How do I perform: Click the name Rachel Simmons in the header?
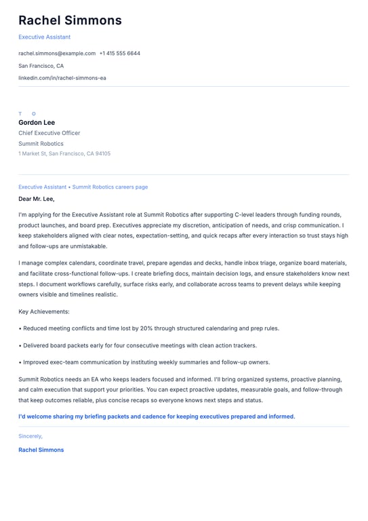70,20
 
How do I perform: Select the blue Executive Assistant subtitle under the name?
44,37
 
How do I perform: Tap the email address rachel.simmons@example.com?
57,53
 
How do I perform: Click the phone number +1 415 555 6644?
120,53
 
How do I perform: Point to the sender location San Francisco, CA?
41,66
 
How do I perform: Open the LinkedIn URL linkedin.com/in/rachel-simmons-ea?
62,78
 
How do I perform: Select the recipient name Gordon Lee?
37,123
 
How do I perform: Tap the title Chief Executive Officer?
49,133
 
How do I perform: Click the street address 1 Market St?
32,153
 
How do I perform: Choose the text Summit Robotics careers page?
110,187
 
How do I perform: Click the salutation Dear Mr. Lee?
37,199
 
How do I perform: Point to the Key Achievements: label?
44,311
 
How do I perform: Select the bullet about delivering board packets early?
137,345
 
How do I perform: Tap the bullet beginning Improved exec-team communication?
144,362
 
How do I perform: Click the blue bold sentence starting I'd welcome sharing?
157,416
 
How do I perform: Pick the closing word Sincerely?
30,436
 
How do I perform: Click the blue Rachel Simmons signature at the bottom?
41,450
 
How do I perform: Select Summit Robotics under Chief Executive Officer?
41,143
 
